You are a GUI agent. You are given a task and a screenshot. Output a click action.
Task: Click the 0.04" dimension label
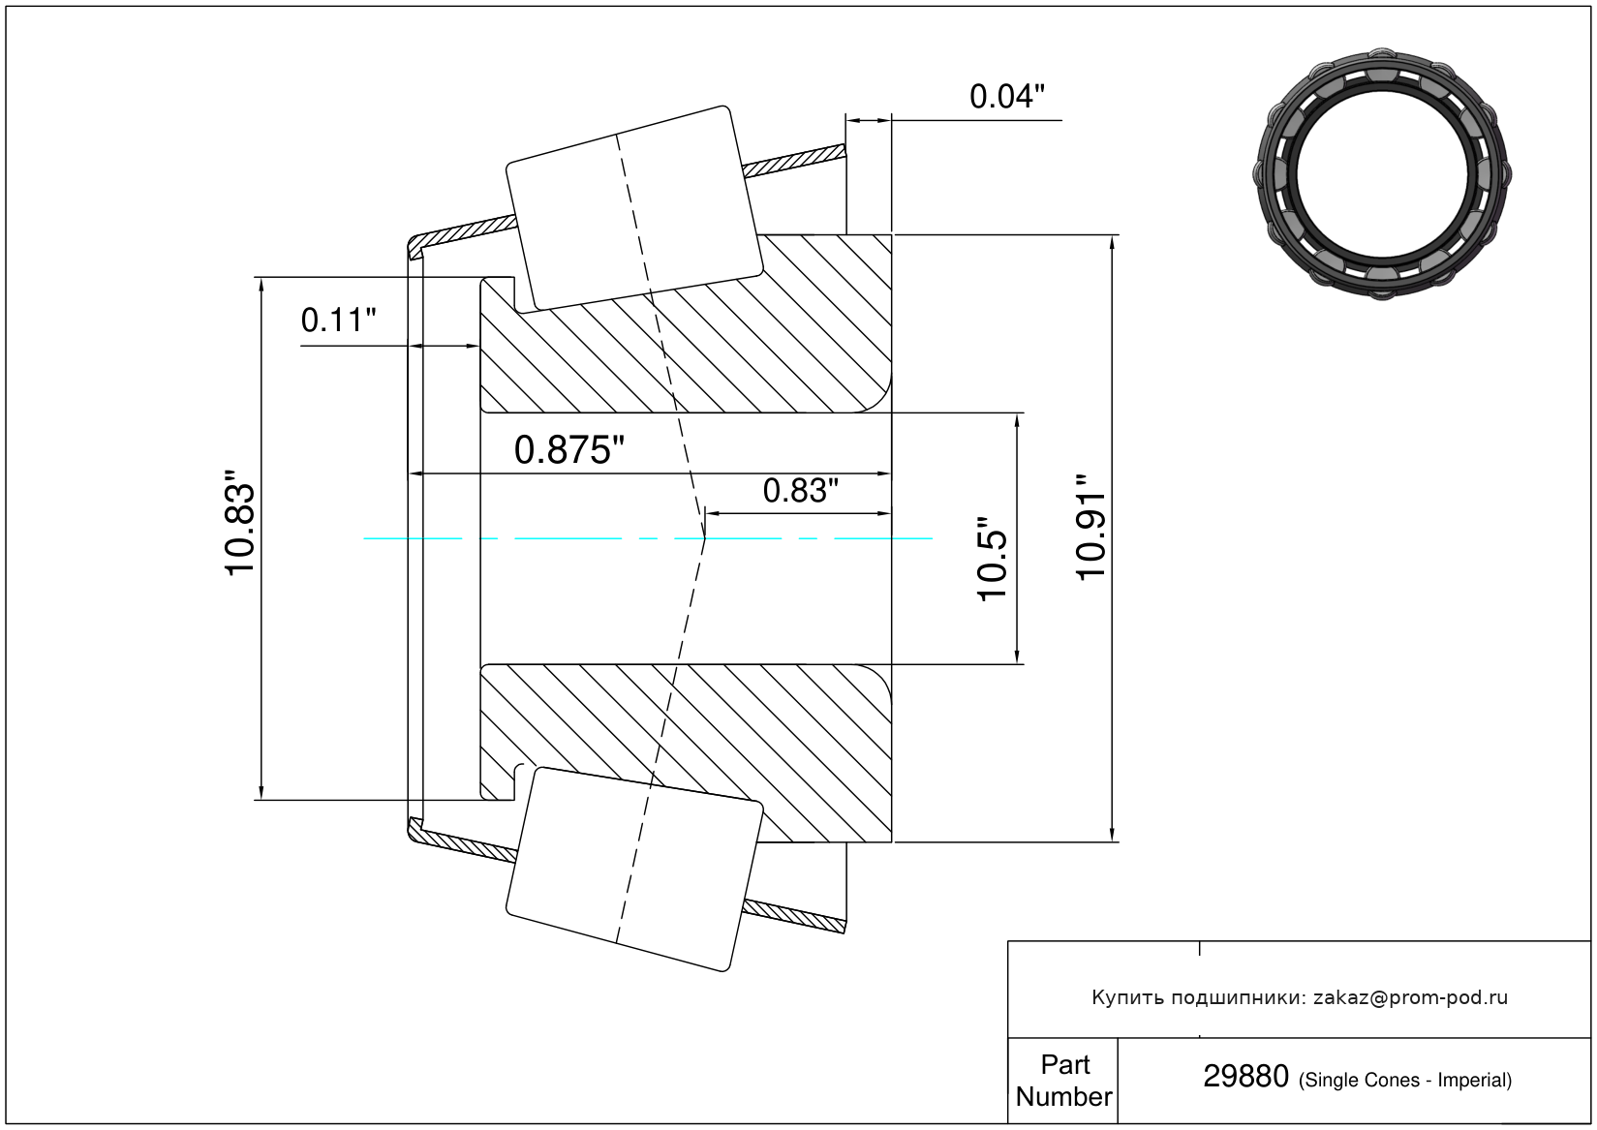tap(1006, 97)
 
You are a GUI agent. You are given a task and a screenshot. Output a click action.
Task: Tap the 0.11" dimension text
tap(338, 321)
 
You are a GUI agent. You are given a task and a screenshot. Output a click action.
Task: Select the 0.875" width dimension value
tap(568, 450)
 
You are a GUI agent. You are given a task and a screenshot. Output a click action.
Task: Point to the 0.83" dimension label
tap(800, 491)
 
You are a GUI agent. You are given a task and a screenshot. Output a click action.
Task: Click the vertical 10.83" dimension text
tap(239, 530)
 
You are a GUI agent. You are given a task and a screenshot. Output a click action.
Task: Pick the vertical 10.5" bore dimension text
tap(992, 559)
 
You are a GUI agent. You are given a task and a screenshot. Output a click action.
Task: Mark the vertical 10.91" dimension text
tap(1090, 526)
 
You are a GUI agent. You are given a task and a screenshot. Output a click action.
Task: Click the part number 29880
tap(1245, 1077)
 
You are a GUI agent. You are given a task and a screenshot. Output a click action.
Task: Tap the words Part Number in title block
tap(1063, 1081)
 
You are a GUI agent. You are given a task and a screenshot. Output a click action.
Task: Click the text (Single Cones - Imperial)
tap(1405, 1080)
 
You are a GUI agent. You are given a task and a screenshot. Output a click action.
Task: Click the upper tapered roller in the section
tap(634, 208)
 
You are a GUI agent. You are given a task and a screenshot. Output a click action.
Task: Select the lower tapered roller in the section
tap(634, 870)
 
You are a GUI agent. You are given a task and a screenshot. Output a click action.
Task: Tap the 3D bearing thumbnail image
tap(1382, 174)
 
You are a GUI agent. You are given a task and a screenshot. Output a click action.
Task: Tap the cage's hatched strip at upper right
tap(794, 161)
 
